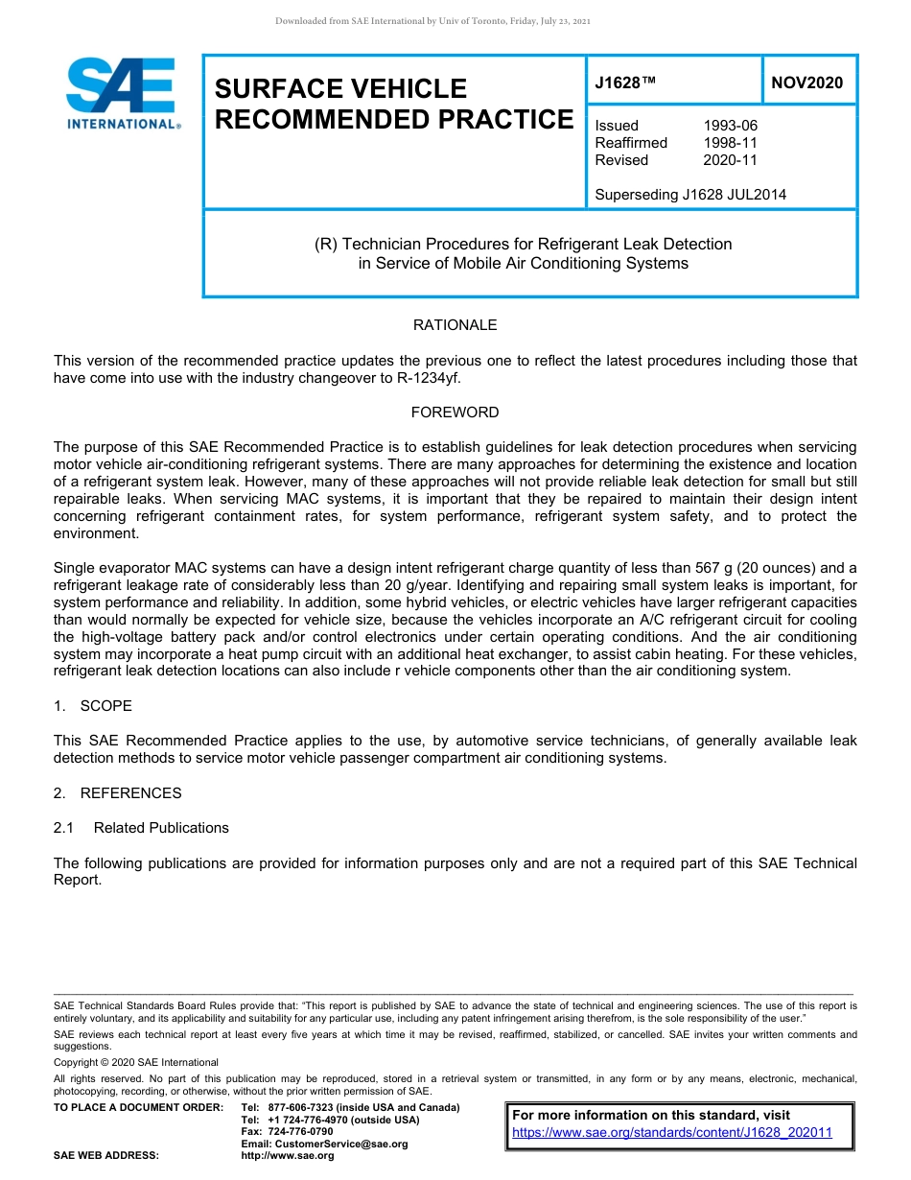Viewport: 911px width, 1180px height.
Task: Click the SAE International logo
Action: (122, 93)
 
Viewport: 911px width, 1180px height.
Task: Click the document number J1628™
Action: (625, 83)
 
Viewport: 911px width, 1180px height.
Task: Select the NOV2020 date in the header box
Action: (807, 83)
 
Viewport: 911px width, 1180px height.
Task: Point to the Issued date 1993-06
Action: (730, 126)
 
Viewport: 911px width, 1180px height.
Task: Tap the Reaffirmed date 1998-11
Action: (730, 143)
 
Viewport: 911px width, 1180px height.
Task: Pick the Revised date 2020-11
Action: (730, 160)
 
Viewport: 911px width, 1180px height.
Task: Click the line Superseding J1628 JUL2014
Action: (690, 195)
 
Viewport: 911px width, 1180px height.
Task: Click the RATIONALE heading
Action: (455, 325)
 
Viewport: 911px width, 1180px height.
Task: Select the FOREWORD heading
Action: (455, 413)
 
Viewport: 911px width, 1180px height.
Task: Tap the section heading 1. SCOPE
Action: (93, 706)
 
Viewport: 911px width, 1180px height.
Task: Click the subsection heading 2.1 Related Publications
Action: (141, 828)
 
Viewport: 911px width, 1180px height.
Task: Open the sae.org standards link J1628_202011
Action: (672, 1132)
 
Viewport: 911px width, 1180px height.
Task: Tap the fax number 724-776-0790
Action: (301, 1132)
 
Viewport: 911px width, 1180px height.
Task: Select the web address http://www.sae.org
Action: (288, 1156)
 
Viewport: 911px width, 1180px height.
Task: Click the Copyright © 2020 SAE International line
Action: (136, 1062)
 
